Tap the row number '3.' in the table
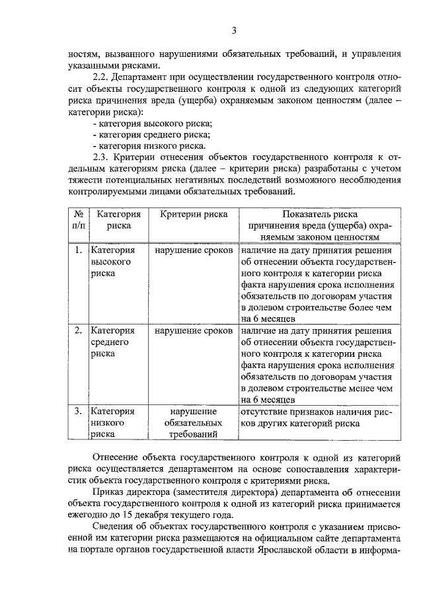click(x=78, y=411)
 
